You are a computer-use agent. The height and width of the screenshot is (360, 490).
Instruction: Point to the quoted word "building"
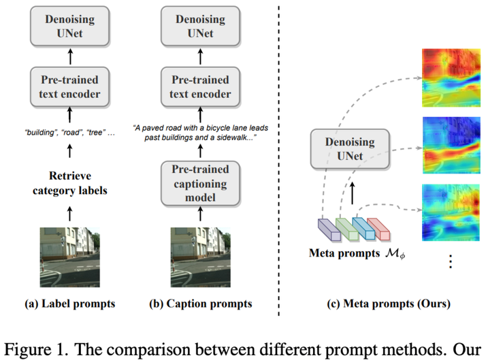point(35,131)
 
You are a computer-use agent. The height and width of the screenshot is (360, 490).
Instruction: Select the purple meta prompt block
point(329,229)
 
